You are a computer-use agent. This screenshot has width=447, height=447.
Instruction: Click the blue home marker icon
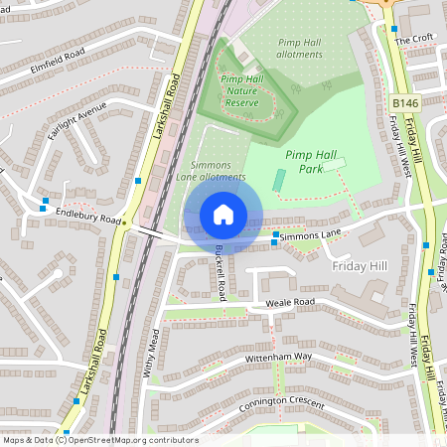223,214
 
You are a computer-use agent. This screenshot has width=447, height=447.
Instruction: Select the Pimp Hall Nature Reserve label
245,90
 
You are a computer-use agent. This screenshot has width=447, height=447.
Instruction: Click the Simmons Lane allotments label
212,171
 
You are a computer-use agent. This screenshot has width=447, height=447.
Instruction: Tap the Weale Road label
290,302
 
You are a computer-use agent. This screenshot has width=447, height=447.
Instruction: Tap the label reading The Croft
414,40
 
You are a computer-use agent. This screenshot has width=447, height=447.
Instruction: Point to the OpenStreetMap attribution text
99,440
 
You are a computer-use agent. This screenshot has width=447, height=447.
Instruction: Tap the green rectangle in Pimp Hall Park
280,183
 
